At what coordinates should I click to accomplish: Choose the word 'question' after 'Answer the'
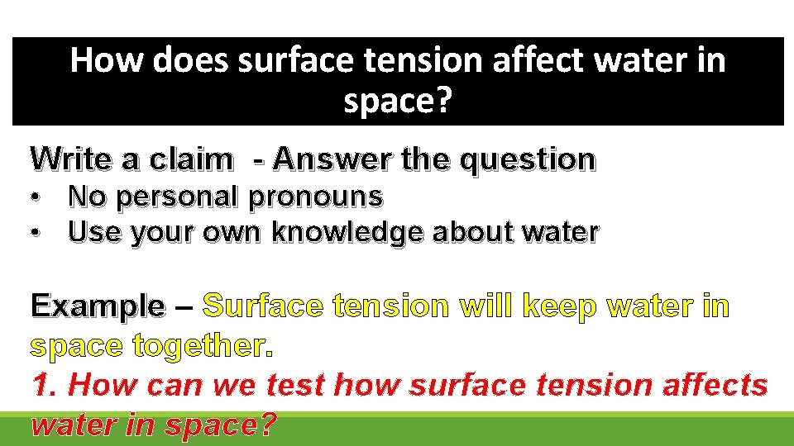tap(527, 158)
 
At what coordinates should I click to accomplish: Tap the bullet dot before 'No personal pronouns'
tap(36, 198)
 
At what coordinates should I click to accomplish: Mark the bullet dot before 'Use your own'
tap(36, 235)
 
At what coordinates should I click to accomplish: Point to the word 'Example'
tap(98, 306)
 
